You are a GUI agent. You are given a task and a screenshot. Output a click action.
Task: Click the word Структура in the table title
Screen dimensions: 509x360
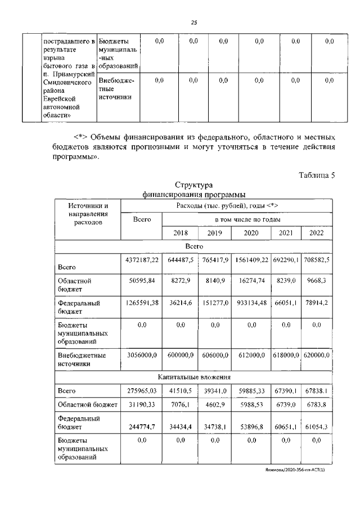(193, 185)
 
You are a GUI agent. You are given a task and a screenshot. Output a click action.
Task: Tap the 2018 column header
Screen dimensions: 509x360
(181, 233)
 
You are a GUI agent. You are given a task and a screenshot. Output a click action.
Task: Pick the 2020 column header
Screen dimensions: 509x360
(251, 233)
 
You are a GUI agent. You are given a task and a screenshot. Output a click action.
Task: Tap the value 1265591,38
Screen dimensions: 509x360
(142, 303)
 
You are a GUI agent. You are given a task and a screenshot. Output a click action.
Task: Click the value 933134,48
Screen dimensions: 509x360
(251, 303)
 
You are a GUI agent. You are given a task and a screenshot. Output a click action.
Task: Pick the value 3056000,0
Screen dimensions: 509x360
(142, 357)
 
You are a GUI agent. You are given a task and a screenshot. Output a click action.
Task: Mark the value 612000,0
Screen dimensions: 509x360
(251, 357)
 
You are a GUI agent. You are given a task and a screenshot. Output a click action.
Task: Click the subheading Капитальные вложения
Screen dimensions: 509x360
(193, 377)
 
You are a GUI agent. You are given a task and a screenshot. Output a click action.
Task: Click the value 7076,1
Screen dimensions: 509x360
(181, 404)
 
